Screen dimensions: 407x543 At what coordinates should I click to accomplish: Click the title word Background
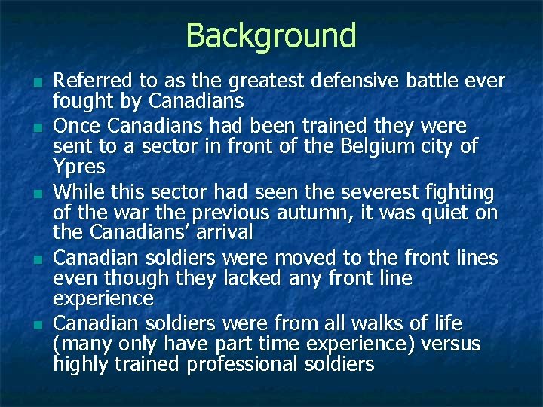point(271,35)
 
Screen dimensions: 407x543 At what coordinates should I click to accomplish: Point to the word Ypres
point(78,165)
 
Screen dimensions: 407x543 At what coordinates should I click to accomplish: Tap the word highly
point(81,365)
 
